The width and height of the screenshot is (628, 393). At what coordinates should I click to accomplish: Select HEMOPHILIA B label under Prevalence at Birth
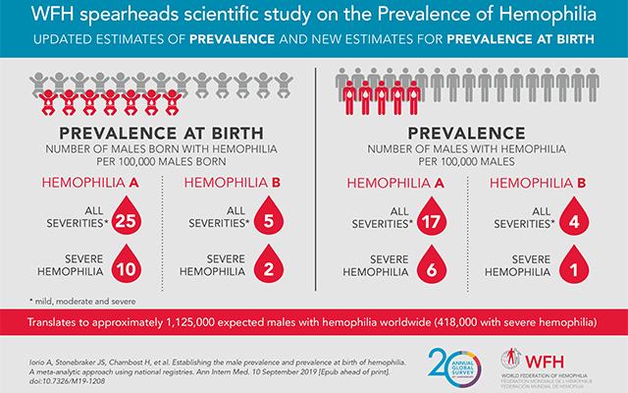(x=230, y=181)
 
